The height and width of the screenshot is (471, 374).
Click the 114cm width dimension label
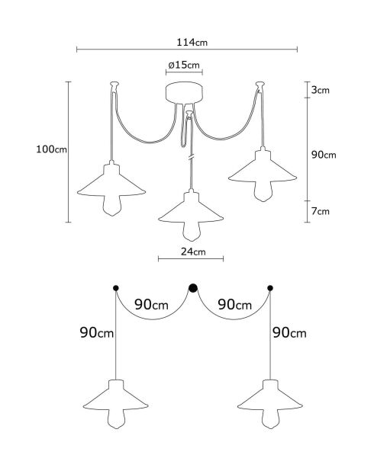click(x=192, y=42)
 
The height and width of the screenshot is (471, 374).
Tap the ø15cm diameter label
click(x=184, y=65)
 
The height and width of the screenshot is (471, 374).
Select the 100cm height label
click(x=51, y=149)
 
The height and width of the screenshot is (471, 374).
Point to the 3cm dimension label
click(x=320, y=90)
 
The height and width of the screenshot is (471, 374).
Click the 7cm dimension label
click(x=320, y=211)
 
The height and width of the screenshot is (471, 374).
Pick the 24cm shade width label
click(x=193, y=252)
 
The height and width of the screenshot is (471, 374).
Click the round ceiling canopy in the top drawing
click(x=184, y=93)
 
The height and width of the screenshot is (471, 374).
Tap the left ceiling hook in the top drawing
click(x=114, y=87)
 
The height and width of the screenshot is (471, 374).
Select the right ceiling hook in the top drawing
click(x=260, y=86)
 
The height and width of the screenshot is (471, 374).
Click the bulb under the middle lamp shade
click(x=192, y=232)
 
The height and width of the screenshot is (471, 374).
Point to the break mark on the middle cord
click(x=191, y=157)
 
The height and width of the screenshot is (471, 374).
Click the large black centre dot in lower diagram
click(x=193, y=288)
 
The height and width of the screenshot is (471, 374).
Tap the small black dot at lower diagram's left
click(x=116, y=288)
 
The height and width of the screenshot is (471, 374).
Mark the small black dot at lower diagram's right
click(x=270, y=288)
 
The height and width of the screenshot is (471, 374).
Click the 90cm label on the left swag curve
click(x=151, y=305)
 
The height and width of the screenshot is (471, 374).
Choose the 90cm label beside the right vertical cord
click(x=289, y=333)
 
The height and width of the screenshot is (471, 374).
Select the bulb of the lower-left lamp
click(x=117, y=418)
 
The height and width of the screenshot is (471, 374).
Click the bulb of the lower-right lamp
click(x=270, y=418)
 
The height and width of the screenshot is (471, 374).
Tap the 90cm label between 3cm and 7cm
click(x=324, y=155)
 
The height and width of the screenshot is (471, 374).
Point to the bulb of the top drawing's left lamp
click(x=111, y=206)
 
